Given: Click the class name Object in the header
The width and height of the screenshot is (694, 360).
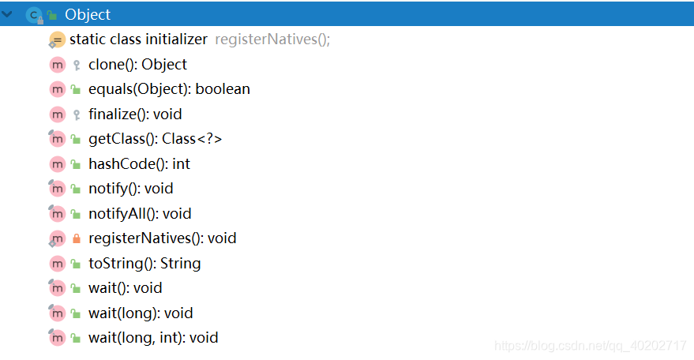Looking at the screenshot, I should click(x=88, y=14).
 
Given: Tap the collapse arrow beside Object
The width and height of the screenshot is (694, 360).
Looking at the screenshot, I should click(x=8, y=14).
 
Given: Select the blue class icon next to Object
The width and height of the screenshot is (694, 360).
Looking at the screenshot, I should click(x=33, y=14).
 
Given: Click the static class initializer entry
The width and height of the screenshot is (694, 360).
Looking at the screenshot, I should click(x=138, y=39).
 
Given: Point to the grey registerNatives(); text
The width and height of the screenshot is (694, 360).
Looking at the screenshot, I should click(x=272, y=39).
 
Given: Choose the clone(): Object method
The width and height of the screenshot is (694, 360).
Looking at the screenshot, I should click(x=137, y=65).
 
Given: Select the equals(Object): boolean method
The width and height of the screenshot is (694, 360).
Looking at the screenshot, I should click(x=169, y=89).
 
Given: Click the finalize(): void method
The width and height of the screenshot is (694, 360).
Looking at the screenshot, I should click(x=135, y=114).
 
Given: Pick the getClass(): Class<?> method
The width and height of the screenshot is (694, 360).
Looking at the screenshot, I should click(x=155, y=139).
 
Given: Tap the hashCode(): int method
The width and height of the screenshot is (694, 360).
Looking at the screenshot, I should click(x=139, y=164).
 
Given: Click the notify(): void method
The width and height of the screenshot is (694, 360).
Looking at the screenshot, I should click(x=130, y=189).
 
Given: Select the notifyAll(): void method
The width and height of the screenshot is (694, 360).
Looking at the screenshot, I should click(x=140, y=214).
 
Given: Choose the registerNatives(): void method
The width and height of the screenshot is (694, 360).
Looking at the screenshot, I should click(x=162, y=238).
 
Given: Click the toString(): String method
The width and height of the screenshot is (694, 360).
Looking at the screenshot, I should click(x=144, y=264).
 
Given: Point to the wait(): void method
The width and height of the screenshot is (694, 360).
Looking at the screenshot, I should click(x=125, y=288).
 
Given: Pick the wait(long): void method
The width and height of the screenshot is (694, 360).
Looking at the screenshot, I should click(x=141, y=313).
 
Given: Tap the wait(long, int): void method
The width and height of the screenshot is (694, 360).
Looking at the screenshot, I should click(x=153, y=338).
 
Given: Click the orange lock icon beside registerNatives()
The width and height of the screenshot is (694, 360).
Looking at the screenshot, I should click(x=76, y=238).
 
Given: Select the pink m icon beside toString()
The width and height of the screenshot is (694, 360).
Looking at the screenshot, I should click(x=57, y=264).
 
